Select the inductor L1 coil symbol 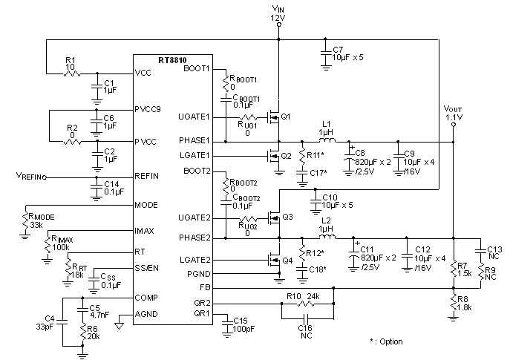click(325, 140)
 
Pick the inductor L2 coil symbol click(325, 238)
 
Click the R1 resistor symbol click(70, 73)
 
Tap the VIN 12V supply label click(278, 11)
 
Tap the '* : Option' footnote click(386, 341)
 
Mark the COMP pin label click(146, 297)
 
